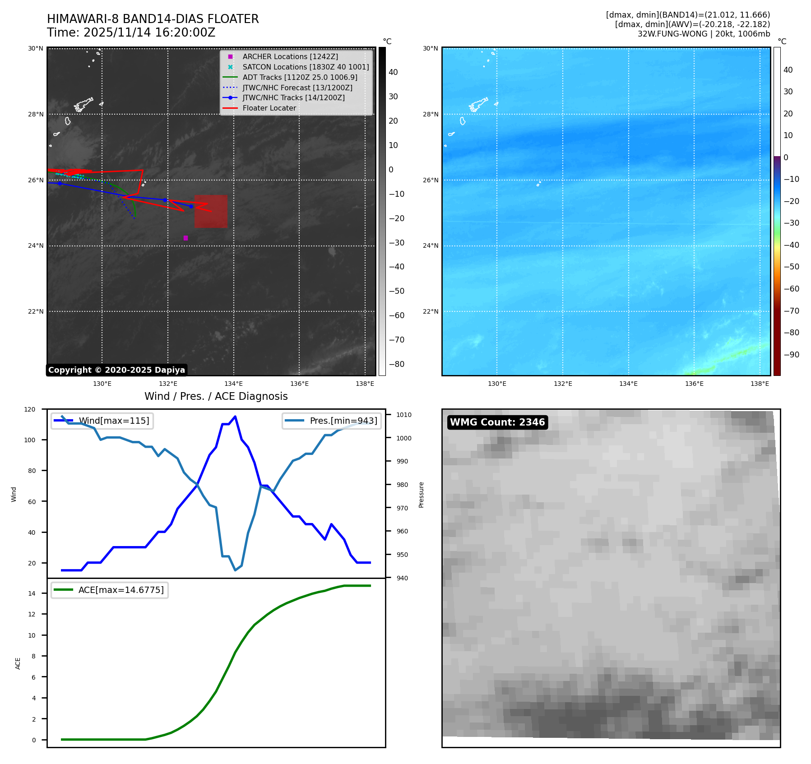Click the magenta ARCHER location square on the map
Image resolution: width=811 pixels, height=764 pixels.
pyautogui.click(x=185, y=238)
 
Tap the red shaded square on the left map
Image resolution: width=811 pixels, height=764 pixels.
pyautogui.click(x=211, y=211)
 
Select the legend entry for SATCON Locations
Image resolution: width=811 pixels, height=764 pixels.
pyautogui.click(x=306, y=67)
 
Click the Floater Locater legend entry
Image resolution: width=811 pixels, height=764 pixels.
pyautogui.click(x=269, y=108)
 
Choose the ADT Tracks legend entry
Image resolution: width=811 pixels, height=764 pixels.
pyautogui.click(x=300, y=77)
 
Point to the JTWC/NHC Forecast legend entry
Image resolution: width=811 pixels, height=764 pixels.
pyautogui.click(x=297, y=88)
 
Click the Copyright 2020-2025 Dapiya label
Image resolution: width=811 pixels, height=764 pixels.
pyautogui.click(x=116, y=370)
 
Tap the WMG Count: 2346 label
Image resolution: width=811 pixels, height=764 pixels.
pyautogui.click(x=497, y=422)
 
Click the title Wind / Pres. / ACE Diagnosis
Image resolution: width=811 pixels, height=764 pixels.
pyautogui.click(x=216, y=396)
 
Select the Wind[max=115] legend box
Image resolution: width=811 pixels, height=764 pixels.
pyautogui.click(x=102, y=421)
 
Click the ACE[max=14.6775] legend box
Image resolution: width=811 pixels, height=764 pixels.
pyautogui.click(x=110, y=590)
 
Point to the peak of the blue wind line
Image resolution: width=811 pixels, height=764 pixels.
pyautogui.click(x=235, y=417)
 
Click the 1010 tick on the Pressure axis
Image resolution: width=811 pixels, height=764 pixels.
pyautogui.click(x=403, y=415)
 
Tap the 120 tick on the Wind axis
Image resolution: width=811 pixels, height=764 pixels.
pyautogui.click(x=29, y=409)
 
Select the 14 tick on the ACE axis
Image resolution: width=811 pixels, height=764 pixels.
pyautogui.click(x=32, y=593)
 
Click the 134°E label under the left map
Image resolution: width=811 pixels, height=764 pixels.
pyautogui.click(x=233, y=384)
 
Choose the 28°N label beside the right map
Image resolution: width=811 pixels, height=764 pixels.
pyautogui.click(x=430, y=114)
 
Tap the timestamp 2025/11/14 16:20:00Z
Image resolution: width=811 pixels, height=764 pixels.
pyautogui.click(x=149, y=32)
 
